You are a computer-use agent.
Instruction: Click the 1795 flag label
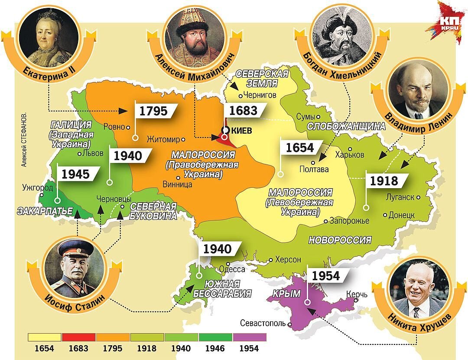(155, 111)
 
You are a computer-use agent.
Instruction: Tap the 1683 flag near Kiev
(244, 111)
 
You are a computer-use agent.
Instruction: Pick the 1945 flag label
(76, 174)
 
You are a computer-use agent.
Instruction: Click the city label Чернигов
(260, 95)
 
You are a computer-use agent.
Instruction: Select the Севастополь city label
(263, 324)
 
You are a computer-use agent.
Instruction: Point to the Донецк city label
(402, 215)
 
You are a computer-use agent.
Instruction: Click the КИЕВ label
(242, 131)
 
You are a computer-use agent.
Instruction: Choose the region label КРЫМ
(286, 294)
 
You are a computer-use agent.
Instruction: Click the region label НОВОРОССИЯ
(340, 240)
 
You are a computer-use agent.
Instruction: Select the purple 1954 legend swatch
(249, 337)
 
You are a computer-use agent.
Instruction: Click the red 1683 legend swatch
(78, 337)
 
